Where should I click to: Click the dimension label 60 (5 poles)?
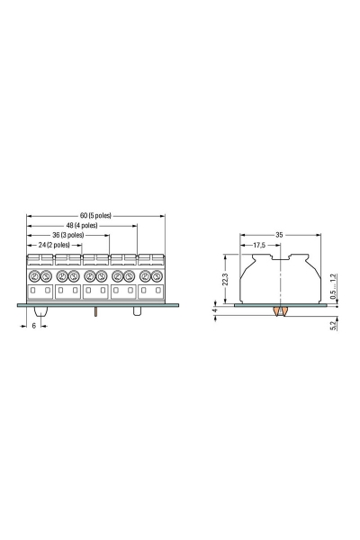95,216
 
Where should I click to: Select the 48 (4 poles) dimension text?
82,226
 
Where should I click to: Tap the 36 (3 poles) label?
67,235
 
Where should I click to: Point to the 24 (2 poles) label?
54,245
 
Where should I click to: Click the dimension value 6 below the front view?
34,326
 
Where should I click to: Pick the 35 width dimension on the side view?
279,235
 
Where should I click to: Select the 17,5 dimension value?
259,245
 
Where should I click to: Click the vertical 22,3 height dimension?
225,279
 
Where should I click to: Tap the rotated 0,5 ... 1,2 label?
333,286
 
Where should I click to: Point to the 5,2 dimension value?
333,326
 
